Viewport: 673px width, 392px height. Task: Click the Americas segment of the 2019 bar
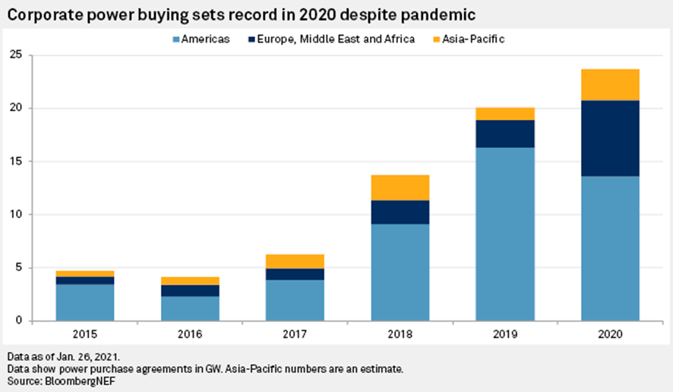505,234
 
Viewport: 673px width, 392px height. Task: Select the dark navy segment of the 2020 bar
610,138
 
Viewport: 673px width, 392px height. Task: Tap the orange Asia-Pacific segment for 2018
400,188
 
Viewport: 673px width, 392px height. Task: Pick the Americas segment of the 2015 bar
85,302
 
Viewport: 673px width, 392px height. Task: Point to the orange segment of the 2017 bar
295,261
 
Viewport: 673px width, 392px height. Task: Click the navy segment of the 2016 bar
191,290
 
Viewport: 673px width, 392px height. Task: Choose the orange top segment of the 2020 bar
610,84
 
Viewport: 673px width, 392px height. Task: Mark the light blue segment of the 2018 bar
400,272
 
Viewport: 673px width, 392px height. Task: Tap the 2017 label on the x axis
295,334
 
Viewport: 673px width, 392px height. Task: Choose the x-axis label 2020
610,334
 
